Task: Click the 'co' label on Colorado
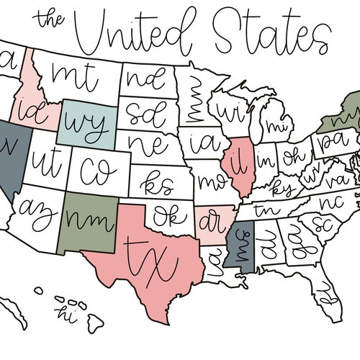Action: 95,170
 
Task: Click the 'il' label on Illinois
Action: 236,163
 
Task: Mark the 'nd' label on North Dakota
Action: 140,76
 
